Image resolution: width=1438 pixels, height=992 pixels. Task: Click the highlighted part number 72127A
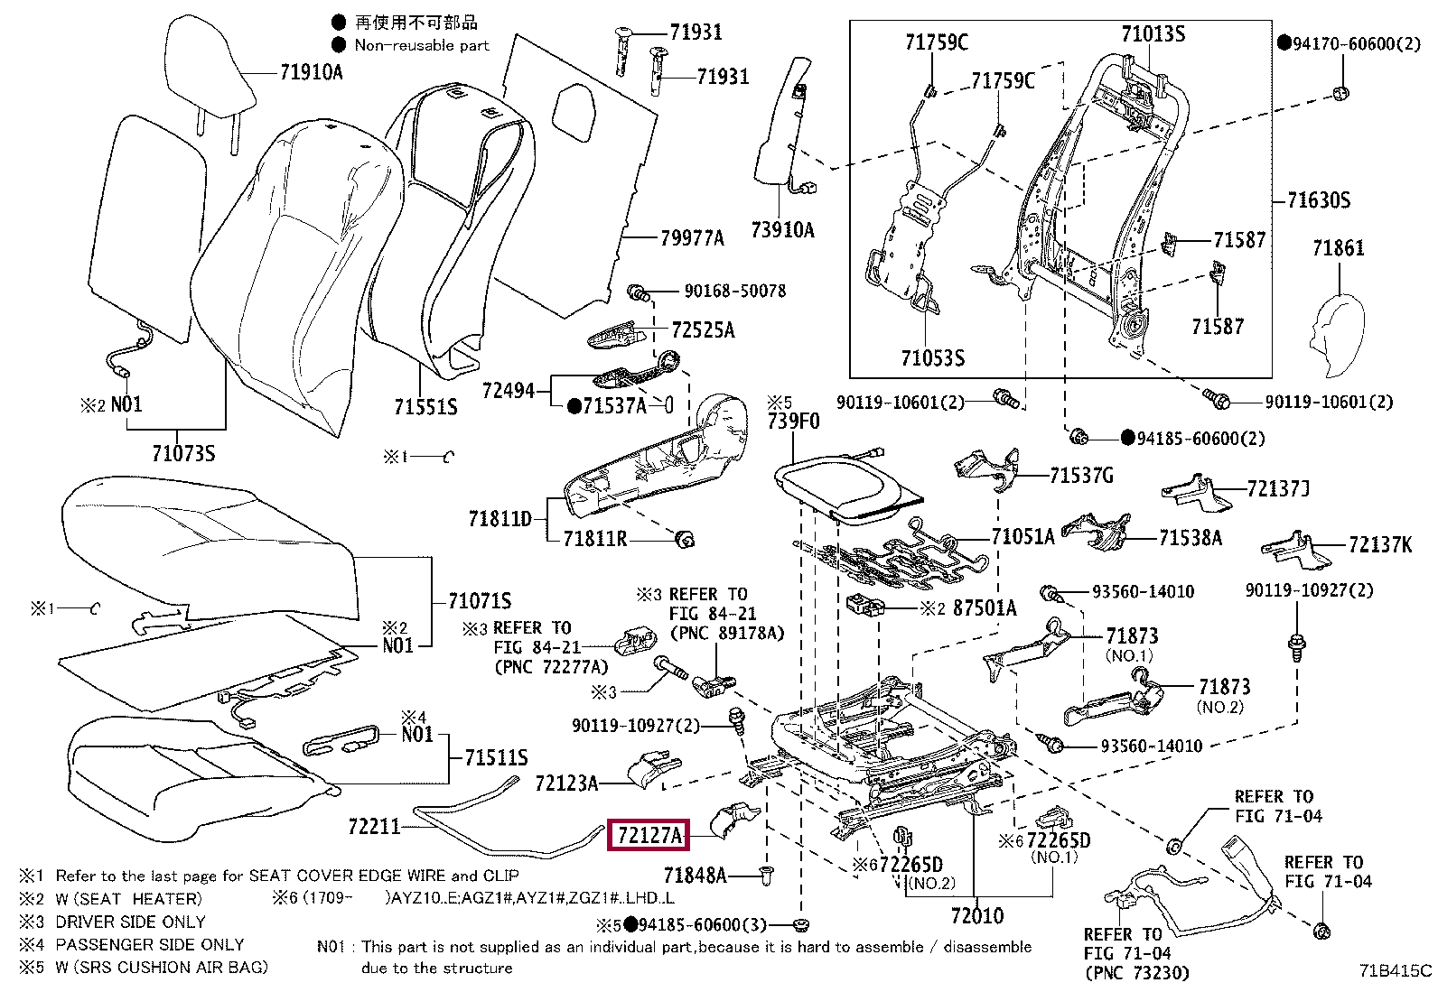click(649, 836)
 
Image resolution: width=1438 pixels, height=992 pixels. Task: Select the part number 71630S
click(1318, 200)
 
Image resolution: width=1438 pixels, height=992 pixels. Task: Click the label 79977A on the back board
click(692, 238)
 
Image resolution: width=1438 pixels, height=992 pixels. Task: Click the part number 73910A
click(782, 230)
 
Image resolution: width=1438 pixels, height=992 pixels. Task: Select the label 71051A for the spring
click(1022, 537)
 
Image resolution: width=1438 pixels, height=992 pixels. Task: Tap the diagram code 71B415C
click(1396, 971)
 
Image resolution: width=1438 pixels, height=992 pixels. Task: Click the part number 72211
click(374, 826)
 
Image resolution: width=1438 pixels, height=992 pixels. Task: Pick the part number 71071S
click(480, 600)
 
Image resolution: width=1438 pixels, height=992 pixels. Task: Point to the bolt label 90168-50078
click(734, 291)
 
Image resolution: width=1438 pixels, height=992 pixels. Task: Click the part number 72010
click(977, 916)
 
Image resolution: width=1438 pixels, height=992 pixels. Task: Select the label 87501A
click(985, 608)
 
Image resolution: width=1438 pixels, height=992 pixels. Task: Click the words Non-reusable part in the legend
click(421, 45)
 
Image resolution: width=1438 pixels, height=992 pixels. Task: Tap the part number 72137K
click(1379, 544)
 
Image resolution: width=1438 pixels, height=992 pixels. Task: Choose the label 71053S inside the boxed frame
click(932, 358)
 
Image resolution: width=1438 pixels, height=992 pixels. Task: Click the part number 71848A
click(695, 875)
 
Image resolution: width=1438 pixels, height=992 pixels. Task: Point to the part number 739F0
click(793, 422)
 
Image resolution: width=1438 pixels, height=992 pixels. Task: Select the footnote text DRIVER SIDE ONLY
click(130, 922)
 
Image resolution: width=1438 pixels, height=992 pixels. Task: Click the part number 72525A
click(703, 330)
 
